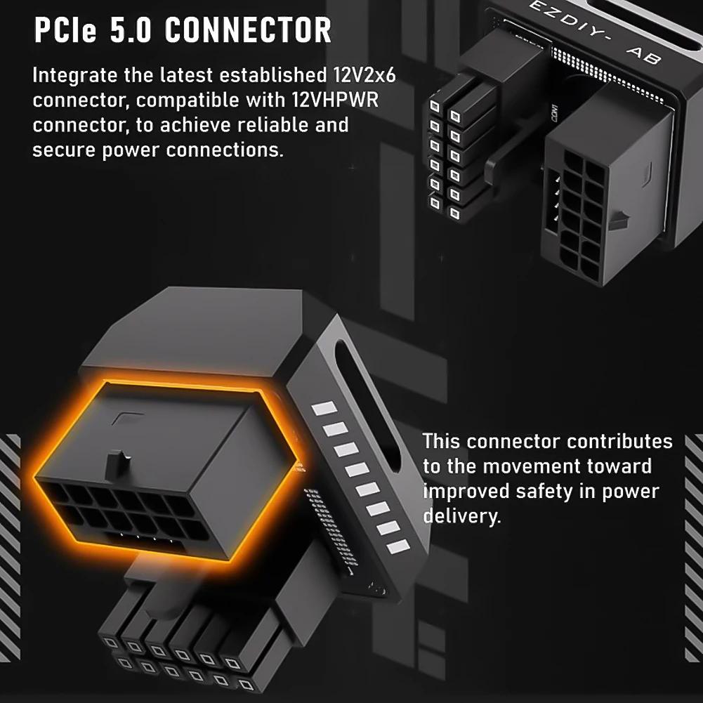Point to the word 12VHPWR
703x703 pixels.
click(333, 100)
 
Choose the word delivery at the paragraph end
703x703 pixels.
click(461, 516)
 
